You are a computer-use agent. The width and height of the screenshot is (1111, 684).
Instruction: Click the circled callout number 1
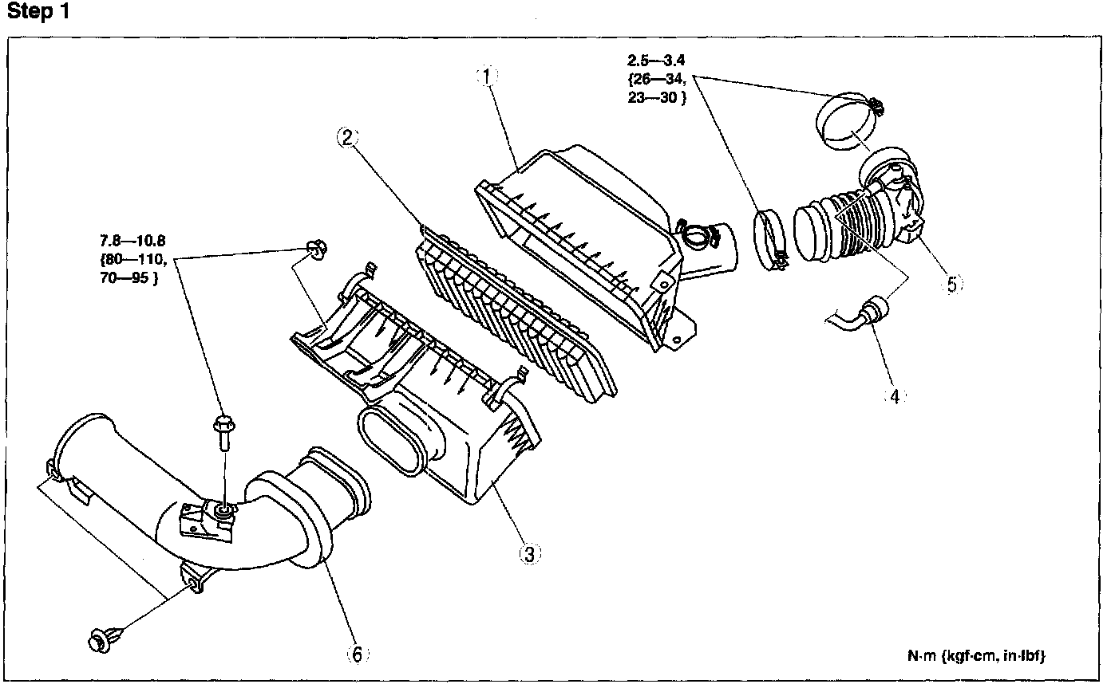pyautogui.click(x=487, y=77)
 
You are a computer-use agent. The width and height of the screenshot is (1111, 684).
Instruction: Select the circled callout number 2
pyautogui.click(x=347, y=137)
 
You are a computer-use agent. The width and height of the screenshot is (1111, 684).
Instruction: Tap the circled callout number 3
pyautogui.click(x=530, y=554)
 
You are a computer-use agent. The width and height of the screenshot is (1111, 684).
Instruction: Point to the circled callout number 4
pyautogui.click(x=895, y=396)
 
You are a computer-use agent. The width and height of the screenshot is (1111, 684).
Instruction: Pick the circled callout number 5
pyautogui.click(x=952, y=285)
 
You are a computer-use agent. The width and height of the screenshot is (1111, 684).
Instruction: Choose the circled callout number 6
pyautogui.click(x=358, y=655)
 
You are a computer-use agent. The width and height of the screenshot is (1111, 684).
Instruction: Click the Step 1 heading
pyautogui.click(x=38, y=11)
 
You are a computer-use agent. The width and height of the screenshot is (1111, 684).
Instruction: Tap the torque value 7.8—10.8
pyautogui.click(x=132, y=241)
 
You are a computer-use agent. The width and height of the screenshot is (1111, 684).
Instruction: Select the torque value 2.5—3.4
pyautogui.click(x=656, y=61)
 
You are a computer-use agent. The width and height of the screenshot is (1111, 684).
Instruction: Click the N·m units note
pyautogui.click(x=976, y=656)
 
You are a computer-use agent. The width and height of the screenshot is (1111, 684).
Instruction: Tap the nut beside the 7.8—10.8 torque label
pyautogui.click(x=317, y=250)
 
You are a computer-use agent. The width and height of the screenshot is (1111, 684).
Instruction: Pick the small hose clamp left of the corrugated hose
pyautogui.click(x=770, y=240)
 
